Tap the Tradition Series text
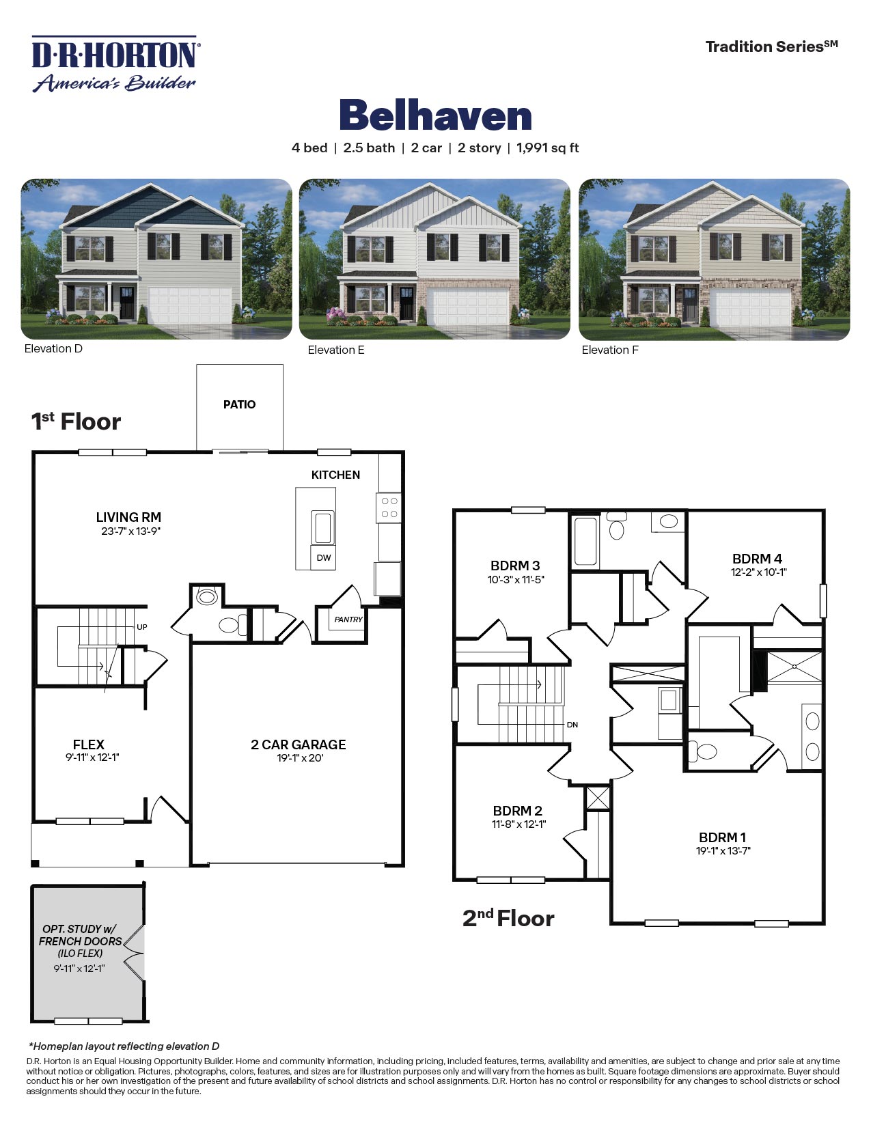click(771, 46)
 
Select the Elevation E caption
click(336, 350)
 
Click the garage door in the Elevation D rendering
click(189, 305)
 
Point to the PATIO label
click(239, 404)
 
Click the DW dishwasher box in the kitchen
click(324, 557)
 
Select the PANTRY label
click(348, 620)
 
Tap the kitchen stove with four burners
click(389, 507)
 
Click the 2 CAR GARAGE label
click(298, 745)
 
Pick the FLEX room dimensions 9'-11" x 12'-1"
click(89, 757)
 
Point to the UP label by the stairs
click(142, 626)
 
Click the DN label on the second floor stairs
click(572, 725)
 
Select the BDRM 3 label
click(515, 566)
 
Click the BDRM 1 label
click(722, 837)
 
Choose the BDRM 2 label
click(517, 811)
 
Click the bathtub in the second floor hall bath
click(585, 541)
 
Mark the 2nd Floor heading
click(508, 919)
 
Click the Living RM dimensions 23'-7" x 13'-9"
click(130, 531)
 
